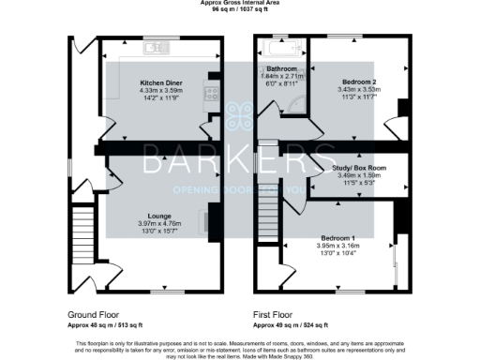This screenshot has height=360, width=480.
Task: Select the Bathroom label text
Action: pyautogui.click(x=280, y=69)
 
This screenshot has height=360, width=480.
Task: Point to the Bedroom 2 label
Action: pyautogui.click(x=357, y=82)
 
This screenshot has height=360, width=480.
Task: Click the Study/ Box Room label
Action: pyautogui.click(x=359, y=168)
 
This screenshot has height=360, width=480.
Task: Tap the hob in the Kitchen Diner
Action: pyautogui.click(x=213, y=93)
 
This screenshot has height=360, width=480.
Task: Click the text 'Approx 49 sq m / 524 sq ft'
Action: pyautogui.click(x=290, y=324)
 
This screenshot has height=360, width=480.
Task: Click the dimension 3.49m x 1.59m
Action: pyautogui.click(x=359, y=175)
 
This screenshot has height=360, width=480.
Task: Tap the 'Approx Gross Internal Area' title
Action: pyautogui.click(x=240, y=3)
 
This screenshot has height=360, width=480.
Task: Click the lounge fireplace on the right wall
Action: pyautogui.click(x=213, y=221)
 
